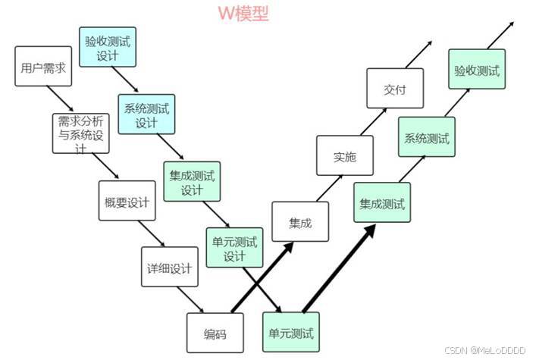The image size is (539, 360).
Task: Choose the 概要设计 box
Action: pos(127,203)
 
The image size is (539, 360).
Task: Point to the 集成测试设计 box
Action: pos(191,183)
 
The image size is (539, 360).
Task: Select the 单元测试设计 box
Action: pos(234,249)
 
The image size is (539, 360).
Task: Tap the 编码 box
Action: pos(215,334)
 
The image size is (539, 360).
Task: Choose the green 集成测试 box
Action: pos(382,204)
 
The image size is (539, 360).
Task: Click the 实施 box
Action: pos(344,158)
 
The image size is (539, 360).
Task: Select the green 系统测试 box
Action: pos(426,139)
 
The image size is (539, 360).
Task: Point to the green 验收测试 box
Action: pos(476,70)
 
